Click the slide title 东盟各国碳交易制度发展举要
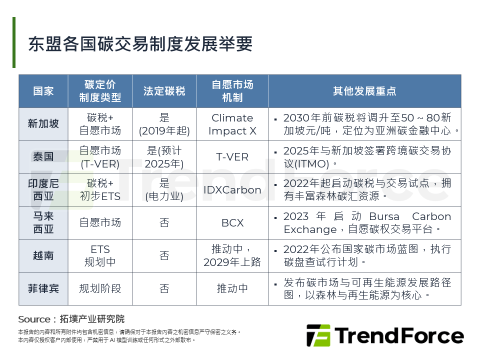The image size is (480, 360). click(x=140, y=44)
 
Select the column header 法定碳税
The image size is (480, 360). click(x=164, y=91)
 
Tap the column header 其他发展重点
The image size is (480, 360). click(x=364, y=91)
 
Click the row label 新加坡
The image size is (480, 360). click(x=43, y=123)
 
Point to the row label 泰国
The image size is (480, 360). click(x=43, y=156)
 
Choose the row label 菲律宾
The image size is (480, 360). click(x=43, y=288)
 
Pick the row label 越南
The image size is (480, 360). click(x=43, y=255)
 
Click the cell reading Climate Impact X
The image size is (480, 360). click(x=232, y=124)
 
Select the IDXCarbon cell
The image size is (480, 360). click(x=232, y=190)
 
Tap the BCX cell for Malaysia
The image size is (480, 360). click(x=232, y=222)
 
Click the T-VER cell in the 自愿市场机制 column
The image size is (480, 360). click(x=232, y=156)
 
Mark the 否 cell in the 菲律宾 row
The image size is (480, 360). click(x=164, y=288)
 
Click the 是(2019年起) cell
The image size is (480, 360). click(x=164, y=124)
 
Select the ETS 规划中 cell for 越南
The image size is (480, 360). click(x=100, y=255)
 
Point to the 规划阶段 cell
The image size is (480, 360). click(x=100, y=288)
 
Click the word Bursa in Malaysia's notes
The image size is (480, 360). click(x=384, y=216)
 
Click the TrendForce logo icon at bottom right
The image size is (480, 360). click(x=318, y=335)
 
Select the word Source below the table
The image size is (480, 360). click(x=34, y=319)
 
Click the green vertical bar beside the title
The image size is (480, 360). click(x=14, y=42)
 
